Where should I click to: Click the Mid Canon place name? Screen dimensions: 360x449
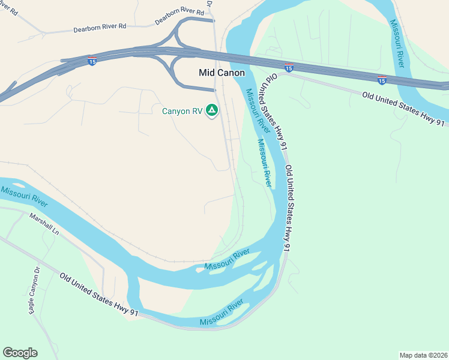click(x=221, y=73)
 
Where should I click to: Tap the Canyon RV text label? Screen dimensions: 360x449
click(x=182, y=111)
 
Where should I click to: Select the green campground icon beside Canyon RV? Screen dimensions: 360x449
click(x=211, y=110)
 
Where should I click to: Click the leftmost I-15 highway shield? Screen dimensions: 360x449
click(x=92, y=62)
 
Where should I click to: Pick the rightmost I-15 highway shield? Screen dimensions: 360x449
click(x=382, y=80)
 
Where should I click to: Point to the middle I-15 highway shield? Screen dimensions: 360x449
click(x=289, y=68)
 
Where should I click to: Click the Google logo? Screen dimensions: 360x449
click(x=20, y=353)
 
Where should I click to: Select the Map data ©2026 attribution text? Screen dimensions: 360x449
click(x=423, y=355)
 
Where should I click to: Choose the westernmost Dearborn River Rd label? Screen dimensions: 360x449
click(x=100, y=28)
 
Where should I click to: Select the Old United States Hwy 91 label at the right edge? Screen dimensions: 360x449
click(x=403, y=109)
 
